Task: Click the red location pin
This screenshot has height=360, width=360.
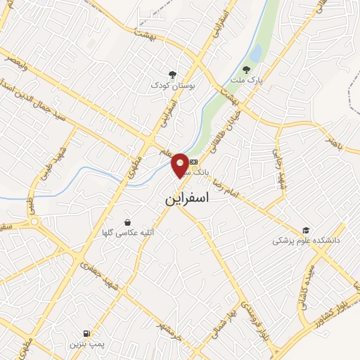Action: [x=180, y=165]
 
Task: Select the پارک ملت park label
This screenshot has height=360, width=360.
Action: [x=245, y=80]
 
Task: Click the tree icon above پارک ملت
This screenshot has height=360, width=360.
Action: [x=245, y=69]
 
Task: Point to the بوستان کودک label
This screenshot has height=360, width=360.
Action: [x=172, y=85]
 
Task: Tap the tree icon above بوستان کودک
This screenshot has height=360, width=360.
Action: [x=173, y=74]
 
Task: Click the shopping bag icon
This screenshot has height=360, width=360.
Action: [x=127, y=221]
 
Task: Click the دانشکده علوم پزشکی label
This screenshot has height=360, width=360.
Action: [x=307, y=240]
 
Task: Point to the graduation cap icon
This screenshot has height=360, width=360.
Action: [x=306, y=230]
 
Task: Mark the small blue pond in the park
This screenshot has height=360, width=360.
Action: [x=255, y=53]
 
